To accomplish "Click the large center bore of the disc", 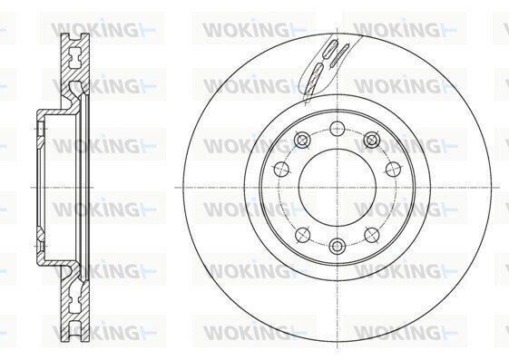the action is pyautogui.click(x=338, y=188).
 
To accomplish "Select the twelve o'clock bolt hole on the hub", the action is pyautogui.click(x=338, y=129).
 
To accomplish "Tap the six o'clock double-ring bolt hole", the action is pyautogui.click(x=338, y=246).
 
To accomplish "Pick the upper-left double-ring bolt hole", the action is pyautogui.click(x=302, y=141).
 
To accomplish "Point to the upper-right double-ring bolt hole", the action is pyautogui.click(x=372, y=141).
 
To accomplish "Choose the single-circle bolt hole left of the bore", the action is pyautogui.click(x=281, y=169).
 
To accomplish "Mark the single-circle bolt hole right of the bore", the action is pyautogui.click(x=393, y=169).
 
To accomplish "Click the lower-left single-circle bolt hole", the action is pyautogui.click(x=302, y=235).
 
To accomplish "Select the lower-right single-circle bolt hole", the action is pyautogui.click(x=372, y=235).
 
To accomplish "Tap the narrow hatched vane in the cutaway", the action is pyautogui.click(x=339, y=55).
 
